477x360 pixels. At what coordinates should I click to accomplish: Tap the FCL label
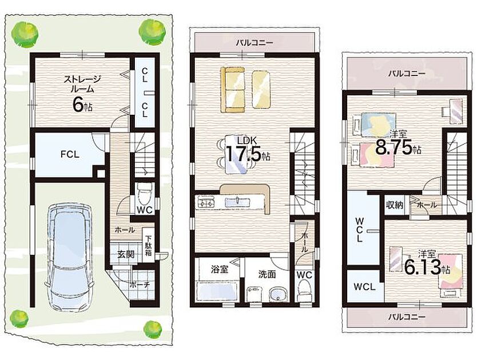(70, 154)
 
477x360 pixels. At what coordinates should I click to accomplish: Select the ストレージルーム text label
(82, 84)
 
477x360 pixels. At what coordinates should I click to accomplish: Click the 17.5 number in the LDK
(243, 154)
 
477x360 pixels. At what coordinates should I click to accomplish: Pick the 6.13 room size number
(423, 267)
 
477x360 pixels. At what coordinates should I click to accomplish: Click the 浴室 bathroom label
(220, 269)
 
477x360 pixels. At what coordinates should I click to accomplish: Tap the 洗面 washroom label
(267, 274)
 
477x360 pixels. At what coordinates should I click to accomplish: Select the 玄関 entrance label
(126, 254)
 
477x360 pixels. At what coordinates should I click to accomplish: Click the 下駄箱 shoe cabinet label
(148, 246)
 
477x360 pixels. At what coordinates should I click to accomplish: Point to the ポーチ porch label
(140, 285)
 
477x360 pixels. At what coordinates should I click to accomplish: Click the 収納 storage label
(395, 205)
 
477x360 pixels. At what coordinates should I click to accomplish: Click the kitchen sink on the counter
(238, 202)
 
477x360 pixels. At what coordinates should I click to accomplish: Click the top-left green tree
(25, 32)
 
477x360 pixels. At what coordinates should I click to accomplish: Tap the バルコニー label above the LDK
(255, 42)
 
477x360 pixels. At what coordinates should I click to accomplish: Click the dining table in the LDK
(236, 154)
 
